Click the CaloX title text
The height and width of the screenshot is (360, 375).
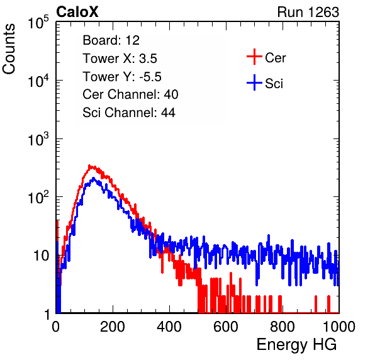point(77,12)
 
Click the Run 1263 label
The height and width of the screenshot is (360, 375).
point(308,12)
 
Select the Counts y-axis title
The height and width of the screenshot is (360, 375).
point(9,49)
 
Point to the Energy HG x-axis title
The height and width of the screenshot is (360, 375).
point(296,344)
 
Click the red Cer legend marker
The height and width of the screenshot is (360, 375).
point(254,57)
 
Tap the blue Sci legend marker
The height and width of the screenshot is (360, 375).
point(254,82)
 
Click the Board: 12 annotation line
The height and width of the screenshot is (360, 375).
point(111,40)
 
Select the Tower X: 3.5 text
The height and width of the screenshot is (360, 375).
point(120,59)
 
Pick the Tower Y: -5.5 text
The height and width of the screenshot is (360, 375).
point(122,77)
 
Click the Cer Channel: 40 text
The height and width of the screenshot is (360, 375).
point(130,94)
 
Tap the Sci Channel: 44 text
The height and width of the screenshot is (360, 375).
point(129,113)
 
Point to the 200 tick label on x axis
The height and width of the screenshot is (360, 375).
point(113,327)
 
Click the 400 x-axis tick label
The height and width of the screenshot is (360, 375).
point(169,327)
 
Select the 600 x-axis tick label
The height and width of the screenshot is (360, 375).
point(226,327)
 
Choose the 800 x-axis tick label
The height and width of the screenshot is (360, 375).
point(283,327)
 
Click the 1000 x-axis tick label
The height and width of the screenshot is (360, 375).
point(339,327)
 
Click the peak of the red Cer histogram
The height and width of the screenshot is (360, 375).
point(89,166)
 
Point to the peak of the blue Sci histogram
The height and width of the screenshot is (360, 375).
point(93,178)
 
